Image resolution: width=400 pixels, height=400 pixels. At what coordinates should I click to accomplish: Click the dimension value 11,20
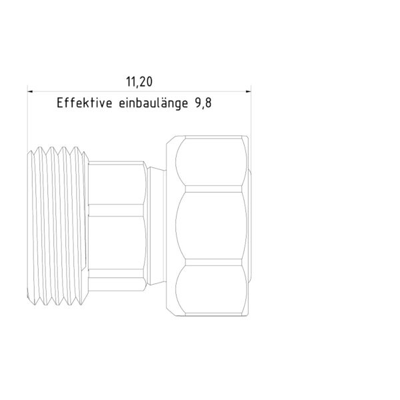(x=139, y=82)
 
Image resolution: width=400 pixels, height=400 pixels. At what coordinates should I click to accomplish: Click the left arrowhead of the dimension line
(x=30, y=91)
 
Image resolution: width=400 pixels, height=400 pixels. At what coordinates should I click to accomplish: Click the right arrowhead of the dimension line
(x=246, y=91)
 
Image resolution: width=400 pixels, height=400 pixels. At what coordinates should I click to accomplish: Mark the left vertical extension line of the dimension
(x=27, y=120)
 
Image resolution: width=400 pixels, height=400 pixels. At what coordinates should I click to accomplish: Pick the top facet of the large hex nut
(x=213, y=163)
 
